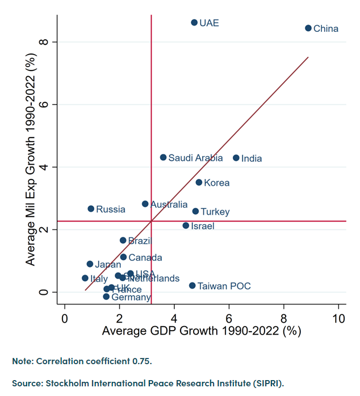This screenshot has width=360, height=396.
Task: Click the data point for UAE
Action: tap(194, 22)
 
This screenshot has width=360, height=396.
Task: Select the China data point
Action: tap(308, 28)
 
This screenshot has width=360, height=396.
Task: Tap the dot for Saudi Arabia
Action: tap(164, 157)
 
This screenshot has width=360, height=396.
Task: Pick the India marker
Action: tap(236, 158)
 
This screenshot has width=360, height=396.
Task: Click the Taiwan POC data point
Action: tap(192, 286)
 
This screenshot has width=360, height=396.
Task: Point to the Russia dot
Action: tap(91, 209)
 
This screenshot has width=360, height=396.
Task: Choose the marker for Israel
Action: tap(186, 226)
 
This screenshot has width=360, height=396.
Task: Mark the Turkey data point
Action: tap(195, 211)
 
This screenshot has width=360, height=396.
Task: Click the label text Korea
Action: tap(216, 183)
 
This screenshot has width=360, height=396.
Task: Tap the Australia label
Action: tap(169, 205)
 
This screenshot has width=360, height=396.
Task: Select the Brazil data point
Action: tap(123, 240)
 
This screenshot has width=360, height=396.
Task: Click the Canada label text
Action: tap(145, 258)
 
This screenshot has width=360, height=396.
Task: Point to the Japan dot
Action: tap(90, 264)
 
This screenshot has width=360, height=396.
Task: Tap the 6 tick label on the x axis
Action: tap(229, 317)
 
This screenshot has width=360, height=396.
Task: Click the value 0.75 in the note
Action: tap(141, 361)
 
